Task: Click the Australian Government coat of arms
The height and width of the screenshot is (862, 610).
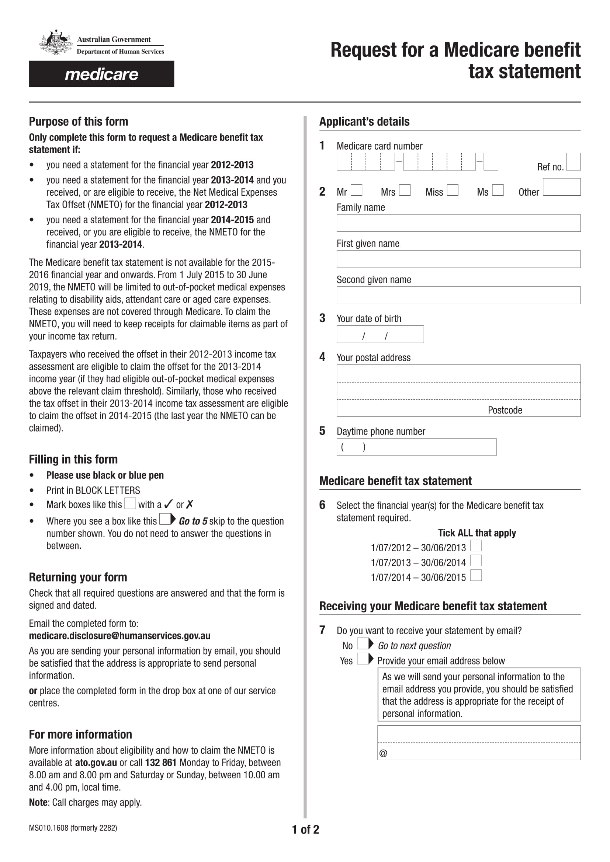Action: coord(56,42)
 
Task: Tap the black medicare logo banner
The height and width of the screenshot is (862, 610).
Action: coord(101,74)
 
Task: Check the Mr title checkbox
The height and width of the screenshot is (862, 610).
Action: coord(357,190)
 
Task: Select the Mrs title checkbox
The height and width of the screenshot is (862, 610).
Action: coord(405,190)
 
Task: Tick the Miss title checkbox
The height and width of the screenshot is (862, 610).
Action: coord(453,190)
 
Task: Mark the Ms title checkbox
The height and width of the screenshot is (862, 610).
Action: coord(498,190)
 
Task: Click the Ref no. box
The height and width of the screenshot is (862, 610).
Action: coord(573,162)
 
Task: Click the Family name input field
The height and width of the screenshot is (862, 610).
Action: coord(458,223)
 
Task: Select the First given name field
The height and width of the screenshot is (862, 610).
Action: coord(458,259)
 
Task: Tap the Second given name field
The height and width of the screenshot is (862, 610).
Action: coord(458,295)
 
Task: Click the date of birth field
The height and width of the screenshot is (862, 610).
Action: coord(380,334)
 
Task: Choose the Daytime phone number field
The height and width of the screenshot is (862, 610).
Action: coord(416,447)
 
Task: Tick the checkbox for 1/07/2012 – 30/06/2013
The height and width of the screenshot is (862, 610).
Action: coord(476,545)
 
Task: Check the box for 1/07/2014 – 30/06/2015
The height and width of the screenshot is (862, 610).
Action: coord(476,575)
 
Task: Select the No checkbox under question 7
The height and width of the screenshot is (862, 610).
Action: coord(363,643)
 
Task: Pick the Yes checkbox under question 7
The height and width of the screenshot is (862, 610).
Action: coord(363,659)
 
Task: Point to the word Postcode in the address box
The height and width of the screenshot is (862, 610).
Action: coord(505,410)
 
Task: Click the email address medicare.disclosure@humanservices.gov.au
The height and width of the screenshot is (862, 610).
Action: coord(119,636)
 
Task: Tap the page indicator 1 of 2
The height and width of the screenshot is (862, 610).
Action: coord(305,829)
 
